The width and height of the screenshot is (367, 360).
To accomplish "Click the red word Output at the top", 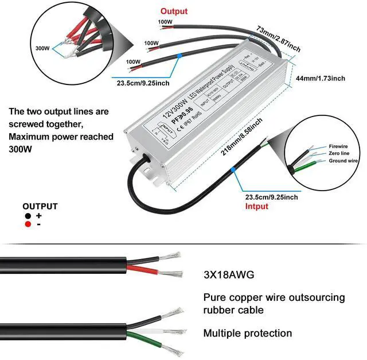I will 173,11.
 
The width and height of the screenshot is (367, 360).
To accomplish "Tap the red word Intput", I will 256,206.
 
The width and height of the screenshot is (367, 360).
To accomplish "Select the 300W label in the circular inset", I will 43,48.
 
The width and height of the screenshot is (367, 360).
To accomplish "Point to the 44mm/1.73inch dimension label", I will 321,79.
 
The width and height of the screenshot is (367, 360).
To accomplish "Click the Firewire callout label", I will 338,146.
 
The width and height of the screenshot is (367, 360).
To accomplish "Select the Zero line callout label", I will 339,154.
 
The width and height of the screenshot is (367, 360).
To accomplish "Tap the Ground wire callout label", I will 342,161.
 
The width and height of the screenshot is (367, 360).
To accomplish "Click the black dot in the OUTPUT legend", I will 28,216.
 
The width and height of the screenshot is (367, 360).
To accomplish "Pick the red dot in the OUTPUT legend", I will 28,224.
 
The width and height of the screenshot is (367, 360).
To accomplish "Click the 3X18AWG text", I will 229,274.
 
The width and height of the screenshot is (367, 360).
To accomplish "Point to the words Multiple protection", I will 248,333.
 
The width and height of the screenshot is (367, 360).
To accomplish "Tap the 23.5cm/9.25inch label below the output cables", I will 143,83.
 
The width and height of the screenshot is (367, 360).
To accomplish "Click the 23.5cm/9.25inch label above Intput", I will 271,197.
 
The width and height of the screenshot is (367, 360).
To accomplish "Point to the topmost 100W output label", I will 165,22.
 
